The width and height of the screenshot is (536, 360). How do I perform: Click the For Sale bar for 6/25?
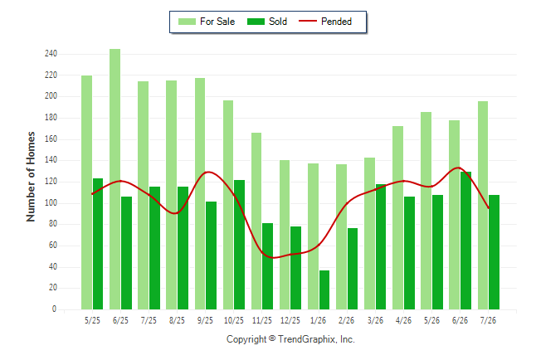click(x=115, y=179)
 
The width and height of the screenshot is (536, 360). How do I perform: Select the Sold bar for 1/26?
click(x=324, y=290)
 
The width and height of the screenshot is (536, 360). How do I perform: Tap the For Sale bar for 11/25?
click(x=256, y=221)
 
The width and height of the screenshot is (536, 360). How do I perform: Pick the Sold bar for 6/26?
click(x=465, y=241)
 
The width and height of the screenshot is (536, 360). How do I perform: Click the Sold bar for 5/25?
click(x=98, y=244)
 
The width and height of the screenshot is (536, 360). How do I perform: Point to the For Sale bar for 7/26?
click(x=483, y=205)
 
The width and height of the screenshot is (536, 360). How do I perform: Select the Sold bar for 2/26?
click(x=353, y=269)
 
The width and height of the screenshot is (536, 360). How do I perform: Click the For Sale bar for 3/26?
click(x=369, y=234)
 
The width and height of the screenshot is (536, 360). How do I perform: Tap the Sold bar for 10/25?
click(x=239, y=245)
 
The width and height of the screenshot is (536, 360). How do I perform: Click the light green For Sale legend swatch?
click(x=187, y=22)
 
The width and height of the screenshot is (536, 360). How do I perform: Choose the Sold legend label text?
click(x=278, y=22)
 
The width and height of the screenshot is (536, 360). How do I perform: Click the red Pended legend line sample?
click(x=308, y=22)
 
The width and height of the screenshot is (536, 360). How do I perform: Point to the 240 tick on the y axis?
click(x=51, y=54)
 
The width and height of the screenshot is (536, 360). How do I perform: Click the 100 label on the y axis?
click(x=51, y=203)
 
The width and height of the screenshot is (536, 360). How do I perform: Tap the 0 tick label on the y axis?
click(x=54, y=309)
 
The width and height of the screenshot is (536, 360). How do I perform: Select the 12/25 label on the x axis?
click(x=290, y=320)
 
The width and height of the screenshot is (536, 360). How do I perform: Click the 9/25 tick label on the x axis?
click(x=205, y=320)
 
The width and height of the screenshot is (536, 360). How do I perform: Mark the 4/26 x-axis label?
click(x=403, y=320)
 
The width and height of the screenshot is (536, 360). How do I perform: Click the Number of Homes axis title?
click(x=31, y=177)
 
